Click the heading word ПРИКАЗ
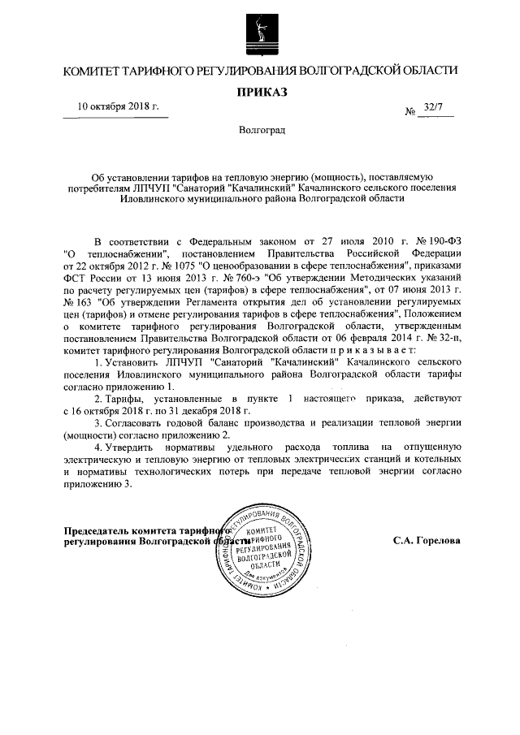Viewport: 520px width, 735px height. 262,92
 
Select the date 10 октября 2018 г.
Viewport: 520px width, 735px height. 119,106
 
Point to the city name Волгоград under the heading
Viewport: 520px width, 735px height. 262,130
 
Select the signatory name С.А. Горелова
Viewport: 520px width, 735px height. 426,539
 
